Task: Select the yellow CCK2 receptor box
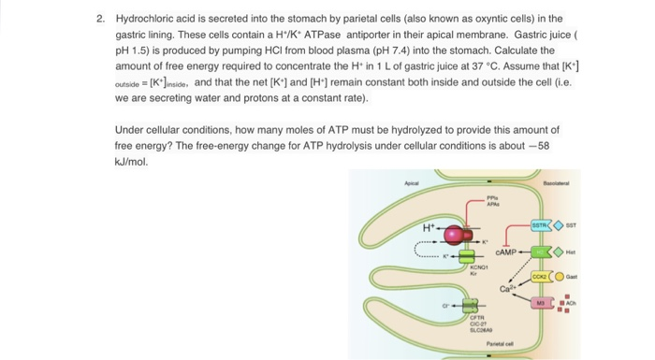pyautogui.click(x=541, y=277)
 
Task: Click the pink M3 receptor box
pyautogui.click(x=541, y=304)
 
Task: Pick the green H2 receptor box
pyautogui.click(x=540, y=252)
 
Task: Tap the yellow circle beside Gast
pyautogui.click(x=561, y=277)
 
